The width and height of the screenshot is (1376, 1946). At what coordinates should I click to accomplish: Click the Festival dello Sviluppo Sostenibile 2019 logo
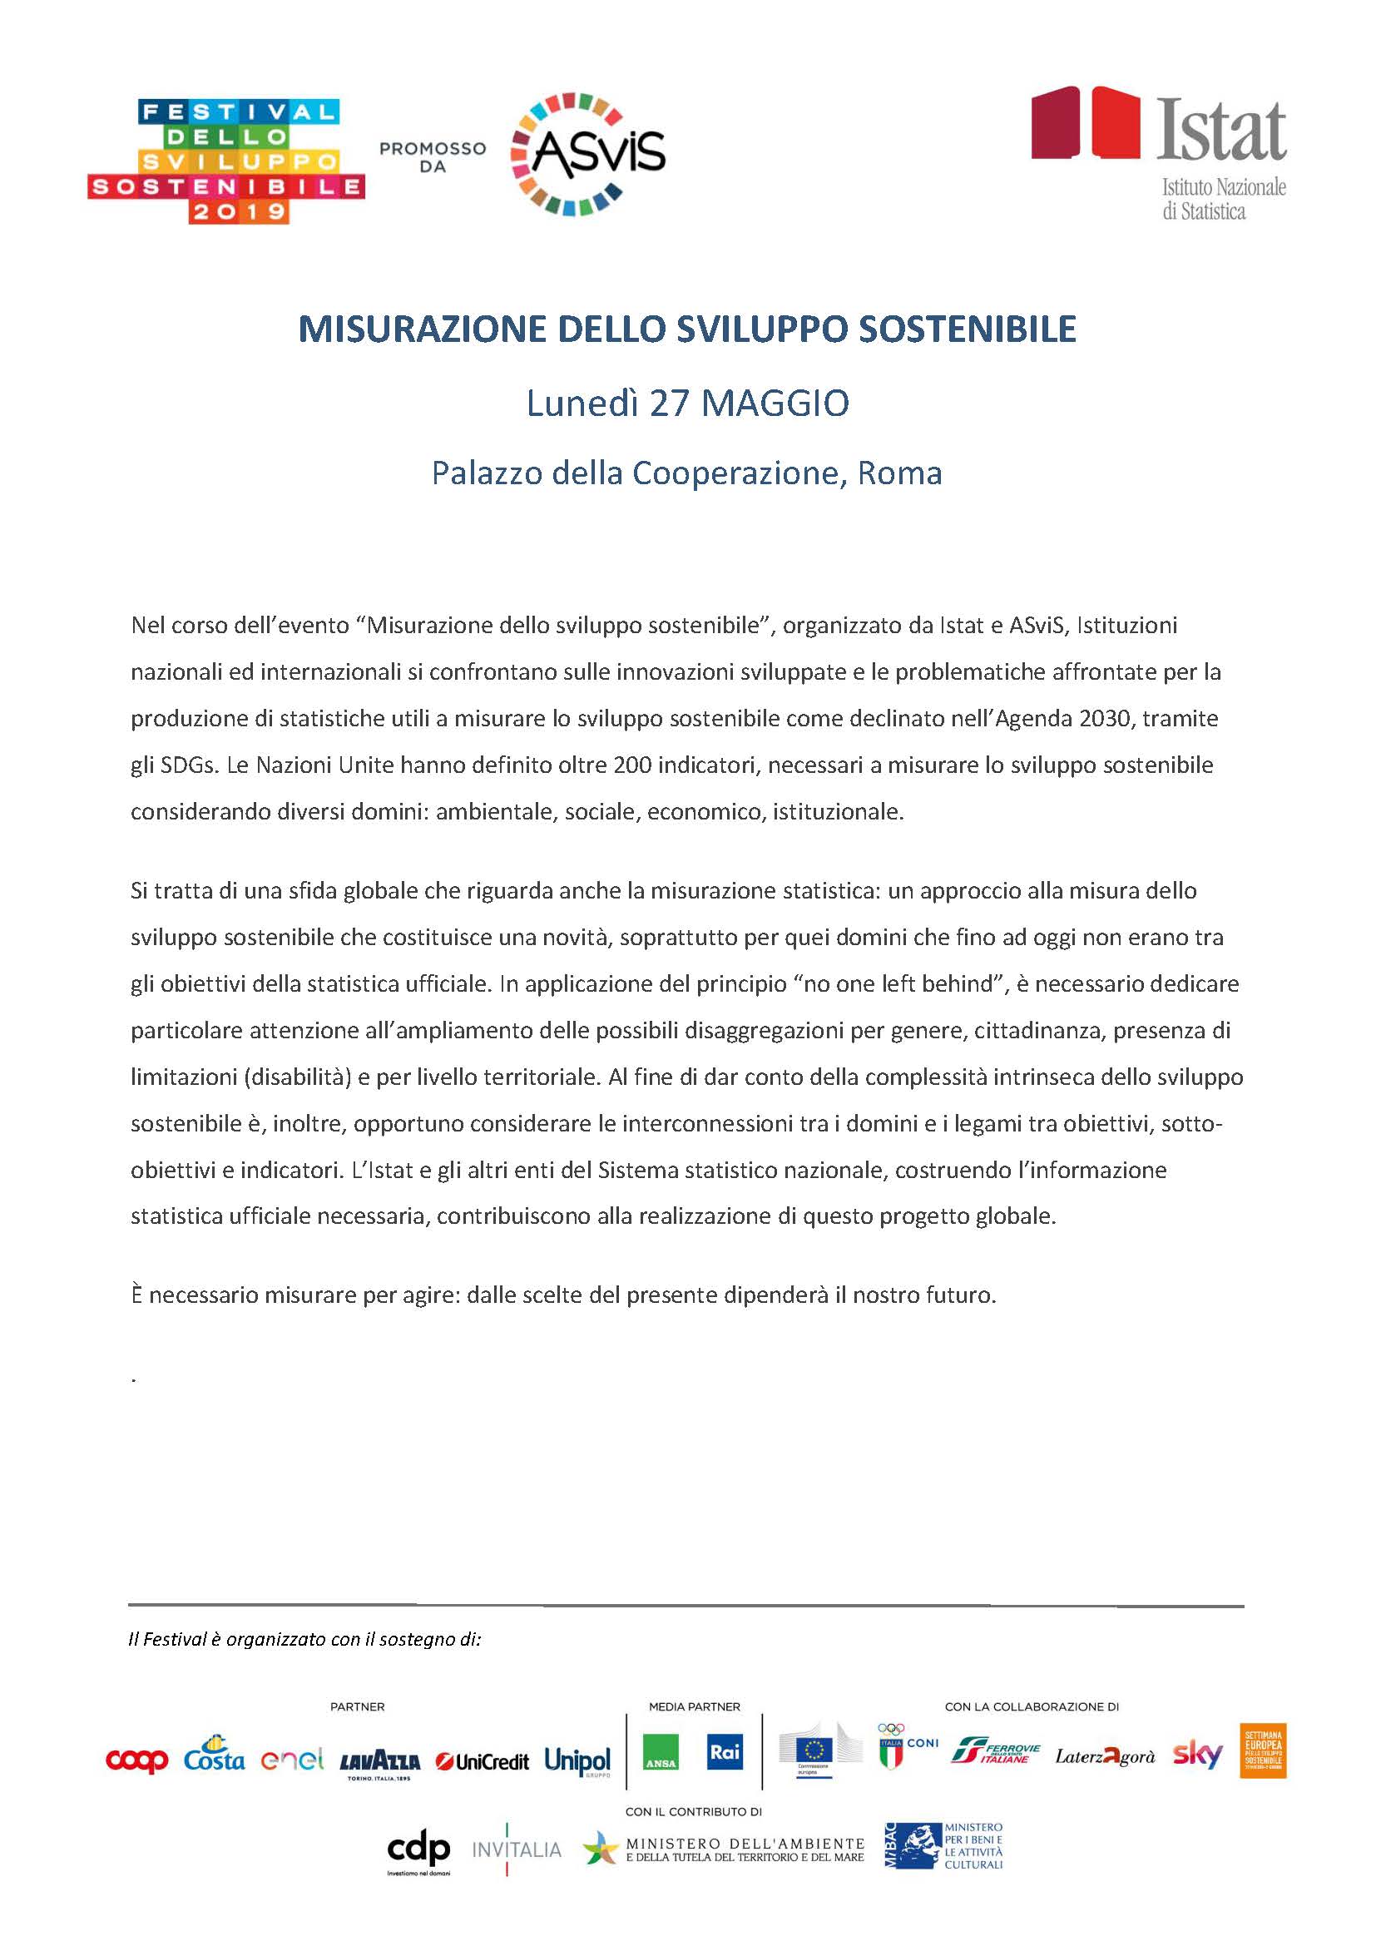(x=225, y=161)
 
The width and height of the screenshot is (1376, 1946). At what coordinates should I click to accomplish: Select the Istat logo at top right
(x=1158, y=153)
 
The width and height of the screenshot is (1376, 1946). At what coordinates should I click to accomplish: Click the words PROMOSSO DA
(x=432, y=157)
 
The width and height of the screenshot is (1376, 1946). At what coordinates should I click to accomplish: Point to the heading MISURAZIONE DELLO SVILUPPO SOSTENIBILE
(x=687, y=329)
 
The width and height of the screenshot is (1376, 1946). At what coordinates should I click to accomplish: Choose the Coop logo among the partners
(x=136, y=1761)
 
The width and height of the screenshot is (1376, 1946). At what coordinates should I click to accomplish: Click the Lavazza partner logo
(x=379, y=1763)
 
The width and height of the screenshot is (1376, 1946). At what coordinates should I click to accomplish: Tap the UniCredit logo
(x=483, y=1762)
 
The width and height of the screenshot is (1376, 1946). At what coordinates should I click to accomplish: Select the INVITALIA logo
(x=516, y=1849)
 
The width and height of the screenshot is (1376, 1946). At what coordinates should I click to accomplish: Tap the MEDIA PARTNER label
(x=694, y=1706)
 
